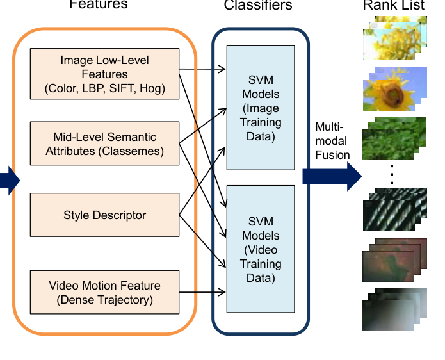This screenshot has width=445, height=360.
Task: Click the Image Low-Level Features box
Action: pyautogui.click(x=104, y=74)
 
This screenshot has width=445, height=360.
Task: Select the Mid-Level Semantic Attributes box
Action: pyautogui.click(x=104, y=144)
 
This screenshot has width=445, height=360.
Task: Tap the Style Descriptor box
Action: pyautogui.click(x=104, y=215)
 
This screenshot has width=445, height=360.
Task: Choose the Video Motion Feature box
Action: pyautogui.click(x=104, y=293)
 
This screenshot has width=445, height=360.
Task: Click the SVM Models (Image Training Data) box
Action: pyautogui.click(x=261, y=108)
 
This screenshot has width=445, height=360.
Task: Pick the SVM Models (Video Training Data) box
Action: pyautogui.click(x=261, y=249)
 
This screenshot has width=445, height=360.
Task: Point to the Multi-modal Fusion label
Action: pyautogui.click(x=332, y=141)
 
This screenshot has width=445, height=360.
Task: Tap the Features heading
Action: pyautogui.click(x=99, y=5)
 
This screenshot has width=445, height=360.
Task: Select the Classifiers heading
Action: pyautogui.click(x=258, y=6)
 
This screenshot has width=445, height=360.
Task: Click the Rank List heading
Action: pyautogui.click(x=392, y=6)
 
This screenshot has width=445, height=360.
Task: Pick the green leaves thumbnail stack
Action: pyautogui.click(x=391, y=138)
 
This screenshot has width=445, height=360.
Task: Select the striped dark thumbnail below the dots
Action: pyautogui.click(x=391, y=209)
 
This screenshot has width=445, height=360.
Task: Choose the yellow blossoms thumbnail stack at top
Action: pyautogui.click(x=392, y=38)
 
